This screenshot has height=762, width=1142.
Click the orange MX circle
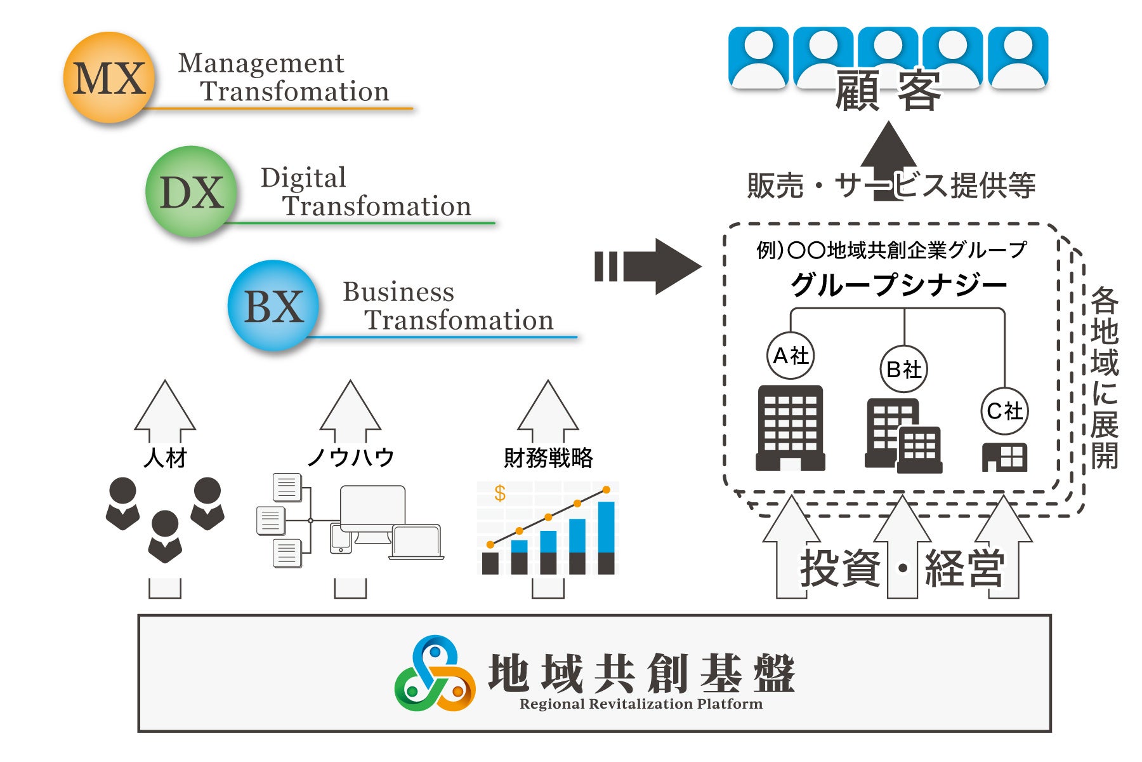point(109,77)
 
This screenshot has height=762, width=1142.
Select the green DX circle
point(191,192)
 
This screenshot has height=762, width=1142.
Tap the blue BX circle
point(273,306)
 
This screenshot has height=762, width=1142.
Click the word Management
point(261,63)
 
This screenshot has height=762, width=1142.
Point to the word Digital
point(303,178)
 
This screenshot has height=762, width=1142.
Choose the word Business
point(398,292)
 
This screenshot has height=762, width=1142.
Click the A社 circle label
point(790,356)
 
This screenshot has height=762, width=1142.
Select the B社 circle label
point(903,369)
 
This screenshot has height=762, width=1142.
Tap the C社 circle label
point(1004,411)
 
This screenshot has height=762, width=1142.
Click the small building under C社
point(1004,457)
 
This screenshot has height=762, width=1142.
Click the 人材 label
point(165,457)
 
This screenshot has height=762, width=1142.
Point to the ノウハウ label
point(350,457)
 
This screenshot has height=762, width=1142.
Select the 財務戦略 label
point(548,457)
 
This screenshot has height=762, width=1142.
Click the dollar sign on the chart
point(500,493)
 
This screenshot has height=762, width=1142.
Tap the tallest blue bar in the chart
point(606,527)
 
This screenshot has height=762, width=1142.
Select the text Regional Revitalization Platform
point(641,704)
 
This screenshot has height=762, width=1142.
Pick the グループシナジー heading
point(898,284)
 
